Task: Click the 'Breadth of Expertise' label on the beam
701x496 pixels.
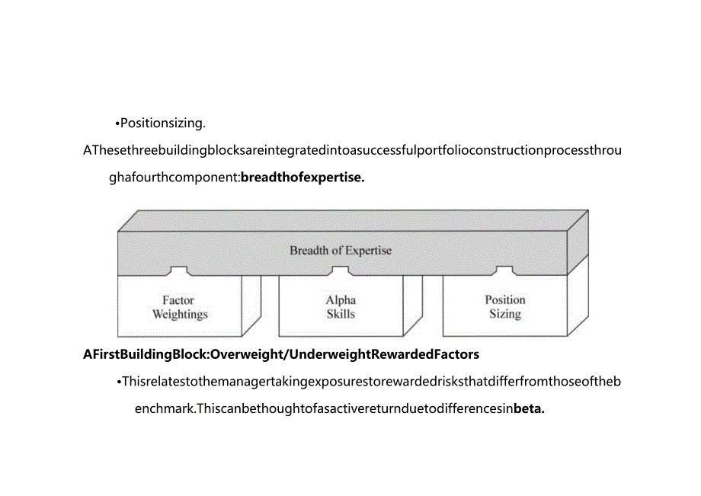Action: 341,250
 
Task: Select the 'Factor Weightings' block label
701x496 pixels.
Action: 180,307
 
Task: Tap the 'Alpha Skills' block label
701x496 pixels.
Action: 341,307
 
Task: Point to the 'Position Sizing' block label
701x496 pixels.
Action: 504,306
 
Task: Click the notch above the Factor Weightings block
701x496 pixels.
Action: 179,271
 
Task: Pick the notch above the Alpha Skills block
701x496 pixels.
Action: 341,271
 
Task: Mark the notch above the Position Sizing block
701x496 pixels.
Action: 504,271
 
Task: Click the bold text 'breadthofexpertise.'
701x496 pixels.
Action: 302,178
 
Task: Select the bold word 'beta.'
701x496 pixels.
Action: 529,408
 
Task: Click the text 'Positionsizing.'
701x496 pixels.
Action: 163,123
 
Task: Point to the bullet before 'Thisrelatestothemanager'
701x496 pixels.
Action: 120,382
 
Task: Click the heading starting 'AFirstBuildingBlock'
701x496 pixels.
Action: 281,354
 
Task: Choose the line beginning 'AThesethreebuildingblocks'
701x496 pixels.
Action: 352,150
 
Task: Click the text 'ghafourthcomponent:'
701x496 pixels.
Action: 174,178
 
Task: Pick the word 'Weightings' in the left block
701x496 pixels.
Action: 180,314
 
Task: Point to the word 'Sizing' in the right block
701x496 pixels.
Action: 504,313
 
